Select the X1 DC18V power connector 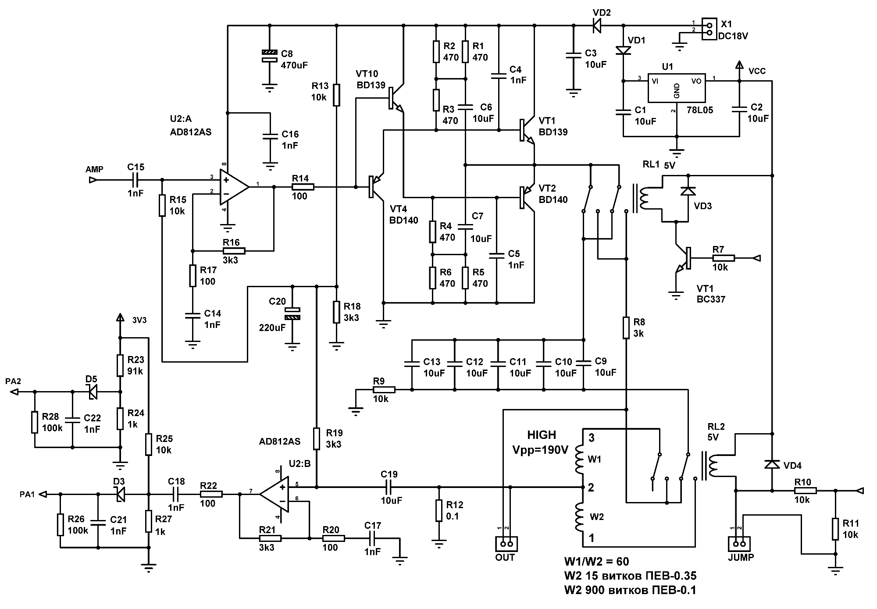pyautogui.click(x=709, y=28)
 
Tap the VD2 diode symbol pyautogui.click(x=597, y=26)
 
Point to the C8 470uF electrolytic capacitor pyautogui.click(x=270, y=55)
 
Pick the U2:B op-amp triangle pyautogui.click(x=275, y=494)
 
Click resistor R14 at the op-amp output pyautogui.click(x=303, y=187)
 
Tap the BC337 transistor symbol pyautogui.click(x=684, y=259)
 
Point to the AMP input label pyautogui.click(x=94, y=169)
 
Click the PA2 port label pyautogui.click(x=13, y=381)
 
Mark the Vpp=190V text pyautogui.click(x=541, y=450)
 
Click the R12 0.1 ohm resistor pyautogui.click(x=438, y=511)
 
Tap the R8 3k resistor pyautogui.click(x=627, y=328)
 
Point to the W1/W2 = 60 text pyautogui.click(x=596, y=562)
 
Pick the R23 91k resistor pyautogui.click(x=120, y=365)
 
